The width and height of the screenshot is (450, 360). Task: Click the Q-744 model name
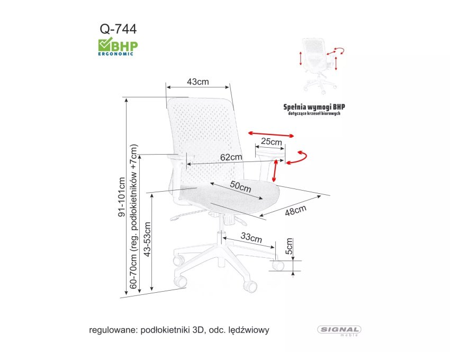(x=118, y=29)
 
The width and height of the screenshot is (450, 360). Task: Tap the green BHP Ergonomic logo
(x=118, y=47)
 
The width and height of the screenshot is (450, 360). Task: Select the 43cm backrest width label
(x=198, y=82)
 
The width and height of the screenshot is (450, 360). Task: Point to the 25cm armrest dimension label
(x=271, y=141)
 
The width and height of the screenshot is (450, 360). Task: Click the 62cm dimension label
(x=231, y=157)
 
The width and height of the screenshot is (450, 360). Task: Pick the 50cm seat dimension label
(x=240, y=186)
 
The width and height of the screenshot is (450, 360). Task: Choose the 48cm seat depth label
(x=295, y=210)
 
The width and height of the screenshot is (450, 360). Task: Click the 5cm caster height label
(x=289, y=246)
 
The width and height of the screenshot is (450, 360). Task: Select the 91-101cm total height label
(x=122, y=197)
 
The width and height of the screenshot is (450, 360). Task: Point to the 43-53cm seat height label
(x=147, y=239)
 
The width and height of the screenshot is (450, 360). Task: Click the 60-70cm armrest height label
(x=133, y=217)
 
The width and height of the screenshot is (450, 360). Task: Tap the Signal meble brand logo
(x=339, y=330)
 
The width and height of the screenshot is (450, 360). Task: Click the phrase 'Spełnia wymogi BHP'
(x=314, y=107)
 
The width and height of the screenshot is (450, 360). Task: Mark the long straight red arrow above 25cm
(x=271, y=134)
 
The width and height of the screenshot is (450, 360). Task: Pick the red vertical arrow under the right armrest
(x=275, y=171)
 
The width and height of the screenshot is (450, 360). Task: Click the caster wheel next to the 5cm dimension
(x=278, y=265)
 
